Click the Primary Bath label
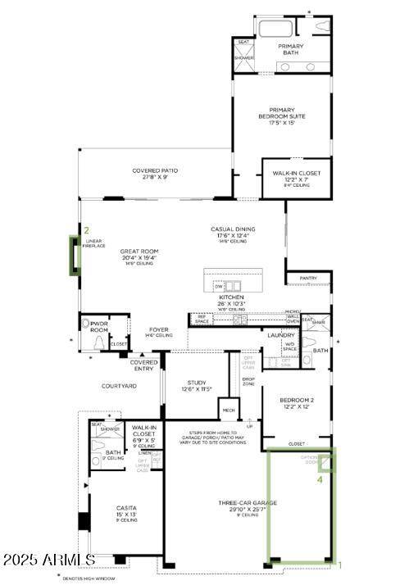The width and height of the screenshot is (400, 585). pos(290,49)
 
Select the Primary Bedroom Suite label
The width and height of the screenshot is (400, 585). pos(282,116)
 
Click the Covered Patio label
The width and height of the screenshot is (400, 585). pos(155,174)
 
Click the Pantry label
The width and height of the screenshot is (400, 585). pos(308,278)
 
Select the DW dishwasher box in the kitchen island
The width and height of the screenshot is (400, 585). pos(218,286)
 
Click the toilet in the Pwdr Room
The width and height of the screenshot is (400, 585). pos(100,342)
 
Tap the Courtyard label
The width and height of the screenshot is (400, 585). pos(118,385)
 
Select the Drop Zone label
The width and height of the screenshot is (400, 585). pos(248,381)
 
